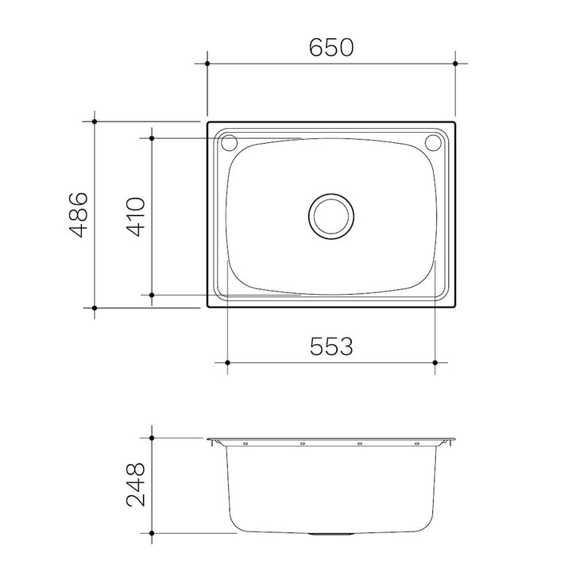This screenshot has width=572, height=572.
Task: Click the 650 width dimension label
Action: pos(331,48)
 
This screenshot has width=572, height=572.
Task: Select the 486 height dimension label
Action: pos(79,214)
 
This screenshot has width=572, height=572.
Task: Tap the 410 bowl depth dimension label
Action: pos(135,217)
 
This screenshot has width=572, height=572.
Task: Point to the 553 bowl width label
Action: pos(331,346)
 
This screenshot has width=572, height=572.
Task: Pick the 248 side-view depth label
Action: pos(135,485)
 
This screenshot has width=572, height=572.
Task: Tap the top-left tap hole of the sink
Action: pos(229,143)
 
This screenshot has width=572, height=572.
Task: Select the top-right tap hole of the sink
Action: pos(434,143)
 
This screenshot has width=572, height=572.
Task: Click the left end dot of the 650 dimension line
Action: pos(207,64)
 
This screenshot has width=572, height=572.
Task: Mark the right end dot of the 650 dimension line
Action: pos(455,64)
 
